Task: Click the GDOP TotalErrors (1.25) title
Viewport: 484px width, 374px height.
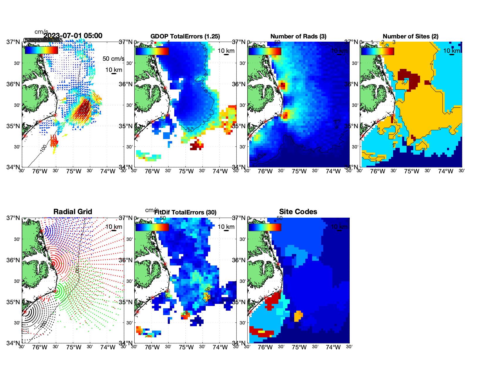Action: [185, 36]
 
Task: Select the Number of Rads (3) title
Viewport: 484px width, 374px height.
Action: [298, 36]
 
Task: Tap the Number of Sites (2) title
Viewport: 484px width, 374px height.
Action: [410, 36]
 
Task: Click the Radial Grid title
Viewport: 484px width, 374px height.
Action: [73, 212]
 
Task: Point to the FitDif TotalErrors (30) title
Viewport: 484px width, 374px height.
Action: [185, 212]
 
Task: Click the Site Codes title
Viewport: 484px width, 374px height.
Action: [298, 212]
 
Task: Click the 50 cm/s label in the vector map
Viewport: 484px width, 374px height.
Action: [113, 59]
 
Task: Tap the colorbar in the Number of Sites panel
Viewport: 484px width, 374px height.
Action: [378, 51]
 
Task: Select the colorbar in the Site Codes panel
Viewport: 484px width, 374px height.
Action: [265, 227]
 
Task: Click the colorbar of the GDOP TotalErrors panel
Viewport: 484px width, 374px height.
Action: [152, 51]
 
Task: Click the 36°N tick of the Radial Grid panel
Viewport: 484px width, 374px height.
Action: [13, 260]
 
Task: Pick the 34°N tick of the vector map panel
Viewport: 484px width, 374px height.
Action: [13, 167]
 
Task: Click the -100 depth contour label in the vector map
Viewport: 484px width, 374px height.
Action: [43, 149]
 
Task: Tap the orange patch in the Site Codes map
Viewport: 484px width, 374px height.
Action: [298, 316]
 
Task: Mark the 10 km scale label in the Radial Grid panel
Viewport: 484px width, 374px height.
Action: [114, 227]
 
